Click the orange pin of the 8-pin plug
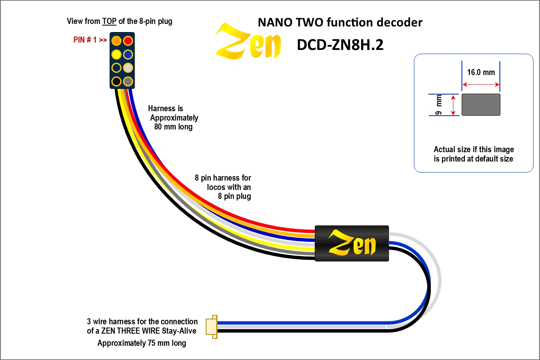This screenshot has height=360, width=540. [116, 41]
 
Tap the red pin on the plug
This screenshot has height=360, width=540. [128, 41]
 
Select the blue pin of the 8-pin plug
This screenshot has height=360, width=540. [128, 54]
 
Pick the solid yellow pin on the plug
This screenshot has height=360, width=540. [116, 54]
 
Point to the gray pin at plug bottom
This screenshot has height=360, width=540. [128, 81]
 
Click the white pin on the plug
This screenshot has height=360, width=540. [128, 67]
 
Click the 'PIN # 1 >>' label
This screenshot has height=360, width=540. [90, 41]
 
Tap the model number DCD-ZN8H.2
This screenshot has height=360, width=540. [340, 45]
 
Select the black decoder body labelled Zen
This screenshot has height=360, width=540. [352, 244]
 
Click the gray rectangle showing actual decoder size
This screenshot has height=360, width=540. [481, 104]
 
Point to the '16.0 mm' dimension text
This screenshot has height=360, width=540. [481, 73]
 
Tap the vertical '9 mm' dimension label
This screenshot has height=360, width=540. [439, 105]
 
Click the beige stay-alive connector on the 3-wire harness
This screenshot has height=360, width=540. [211, 327]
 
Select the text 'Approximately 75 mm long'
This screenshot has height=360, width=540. [142, 343]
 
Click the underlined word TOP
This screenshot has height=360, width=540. [110, 22]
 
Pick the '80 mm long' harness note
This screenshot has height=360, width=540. [173, 127]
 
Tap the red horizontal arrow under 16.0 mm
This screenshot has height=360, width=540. [481, 84]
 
